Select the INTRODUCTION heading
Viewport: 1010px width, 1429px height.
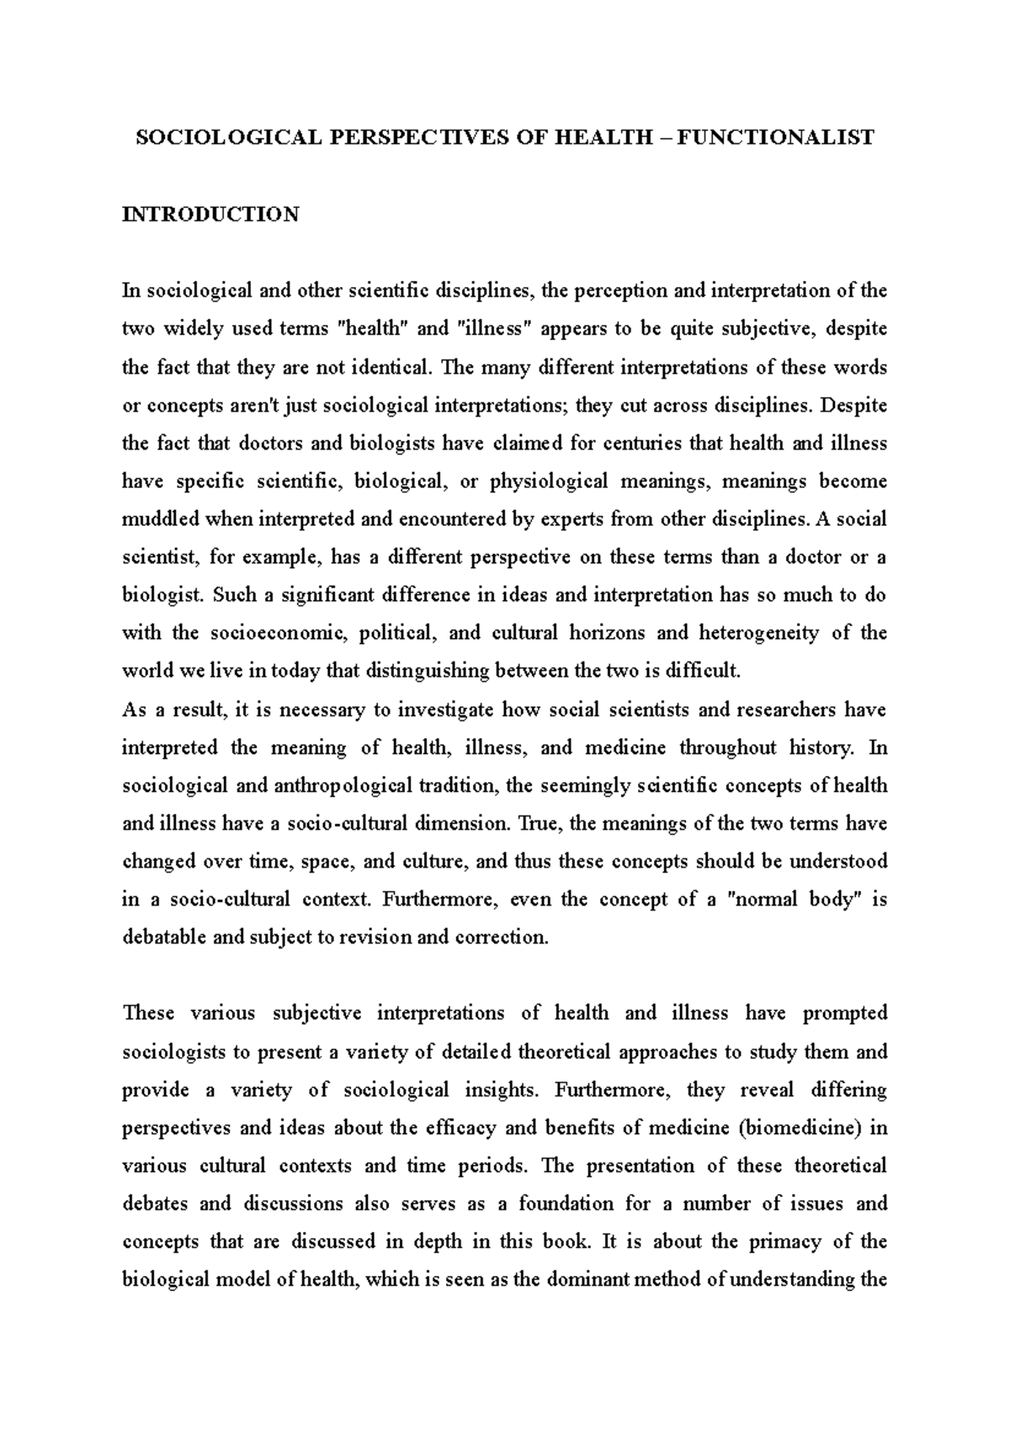click(x=210, y=215)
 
